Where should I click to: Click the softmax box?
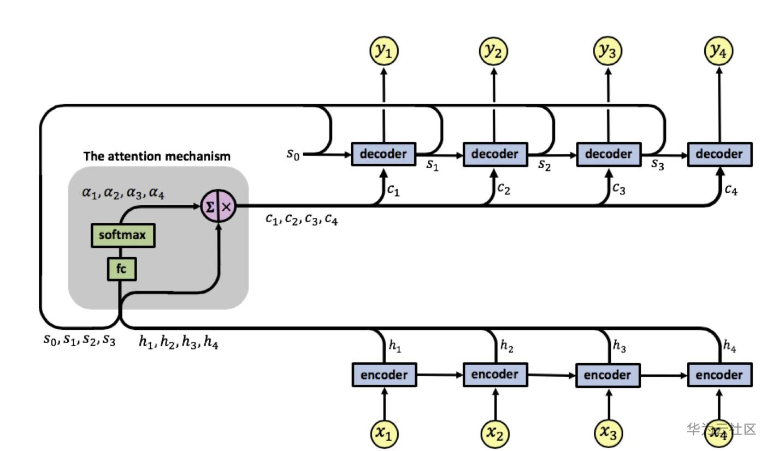122,235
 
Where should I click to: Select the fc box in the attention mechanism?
121,269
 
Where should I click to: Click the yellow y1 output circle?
383,51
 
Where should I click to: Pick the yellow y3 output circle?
608,51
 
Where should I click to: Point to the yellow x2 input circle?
495,433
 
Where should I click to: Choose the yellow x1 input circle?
383,433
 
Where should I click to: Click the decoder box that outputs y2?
495,154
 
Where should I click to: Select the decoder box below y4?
719,154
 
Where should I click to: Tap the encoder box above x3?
607,375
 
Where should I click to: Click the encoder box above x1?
383,375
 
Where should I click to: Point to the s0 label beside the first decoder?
293,155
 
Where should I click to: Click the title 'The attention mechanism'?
157,156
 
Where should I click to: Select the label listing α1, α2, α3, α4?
123,193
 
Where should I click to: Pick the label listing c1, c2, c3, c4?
302,219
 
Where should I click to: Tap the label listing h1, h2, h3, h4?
178,342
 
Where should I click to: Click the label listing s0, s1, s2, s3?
80,340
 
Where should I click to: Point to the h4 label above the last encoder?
729,346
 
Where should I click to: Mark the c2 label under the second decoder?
504,188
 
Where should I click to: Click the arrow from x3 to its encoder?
607,404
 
